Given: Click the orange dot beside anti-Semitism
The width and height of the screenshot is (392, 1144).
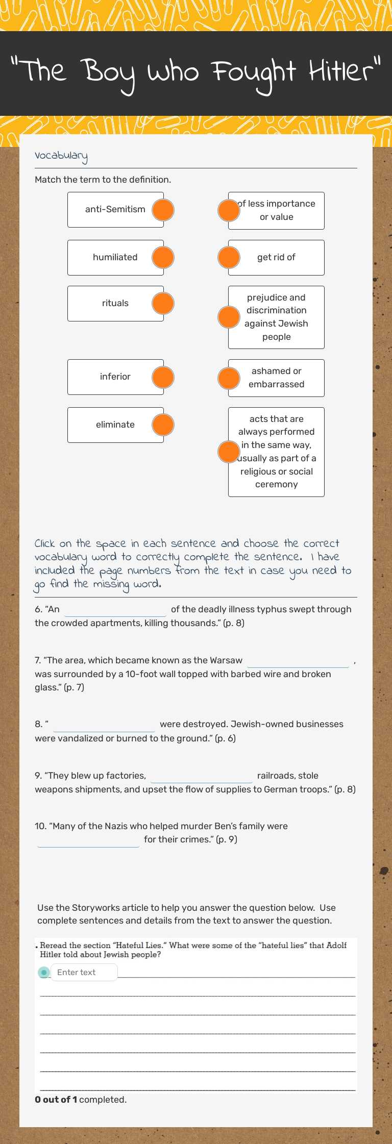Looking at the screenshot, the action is tap(163, 210).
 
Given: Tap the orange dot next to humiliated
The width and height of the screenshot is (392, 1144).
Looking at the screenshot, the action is tap(163, 258).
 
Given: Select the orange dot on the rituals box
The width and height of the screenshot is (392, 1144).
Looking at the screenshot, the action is tap(163, 304).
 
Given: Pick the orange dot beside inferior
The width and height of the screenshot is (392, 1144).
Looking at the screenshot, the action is tap(163, 377).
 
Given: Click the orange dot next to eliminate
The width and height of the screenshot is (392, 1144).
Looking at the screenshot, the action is tap(163, 425).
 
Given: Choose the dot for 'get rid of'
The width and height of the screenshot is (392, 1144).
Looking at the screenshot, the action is tap(229, 258).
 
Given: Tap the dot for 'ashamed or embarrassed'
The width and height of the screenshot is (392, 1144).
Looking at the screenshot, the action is tap(229, 378).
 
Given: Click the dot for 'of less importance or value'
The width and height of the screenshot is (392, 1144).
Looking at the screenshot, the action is tap(229, 210).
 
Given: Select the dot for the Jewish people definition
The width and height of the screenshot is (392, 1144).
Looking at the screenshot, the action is tap(229, 317).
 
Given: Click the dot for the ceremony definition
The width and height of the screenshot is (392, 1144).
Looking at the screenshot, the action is tap(229, 452).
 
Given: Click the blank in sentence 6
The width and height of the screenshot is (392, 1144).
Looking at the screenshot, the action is tap(115, 610).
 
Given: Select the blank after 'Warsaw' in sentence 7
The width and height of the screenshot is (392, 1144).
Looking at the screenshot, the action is tap(298, 661).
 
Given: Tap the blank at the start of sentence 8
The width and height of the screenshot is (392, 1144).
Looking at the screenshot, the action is tap(104, 725).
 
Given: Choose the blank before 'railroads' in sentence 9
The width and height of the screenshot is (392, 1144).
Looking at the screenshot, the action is tap(202, 776).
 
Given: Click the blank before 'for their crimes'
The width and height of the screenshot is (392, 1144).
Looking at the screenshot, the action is tap(88, 840).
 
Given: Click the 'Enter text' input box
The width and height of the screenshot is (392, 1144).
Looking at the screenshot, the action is tap(84, 972).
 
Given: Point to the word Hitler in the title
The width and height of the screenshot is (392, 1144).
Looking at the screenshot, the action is tap(345, 71).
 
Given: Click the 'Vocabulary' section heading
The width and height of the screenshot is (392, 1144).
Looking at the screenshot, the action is tap(61, 156).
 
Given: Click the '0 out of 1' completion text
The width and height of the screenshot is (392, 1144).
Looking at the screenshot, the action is tap(56, 1100).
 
